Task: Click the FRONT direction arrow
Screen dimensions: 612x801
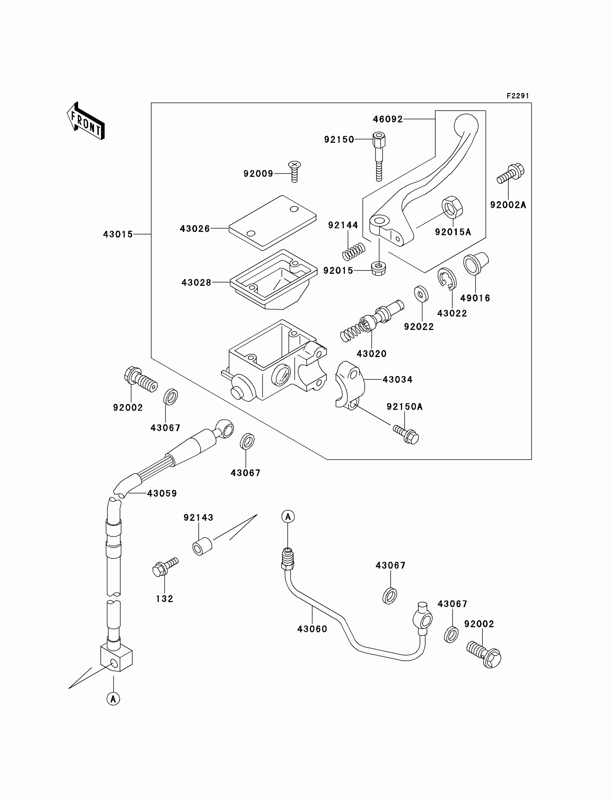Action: point(86,121)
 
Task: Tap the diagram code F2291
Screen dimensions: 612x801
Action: point(518,96)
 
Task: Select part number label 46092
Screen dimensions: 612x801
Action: point(388,119)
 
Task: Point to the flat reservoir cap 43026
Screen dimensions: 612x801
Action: point(273,222)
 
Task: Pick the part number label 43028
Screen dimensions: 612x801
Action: point(196,282)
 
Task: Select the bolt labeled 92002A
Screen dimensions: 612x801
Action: point(511,174)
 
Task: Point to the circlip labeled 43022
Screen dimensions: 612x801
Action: point(447,279)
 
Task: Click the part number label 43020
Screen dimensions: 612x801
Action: point(372,353)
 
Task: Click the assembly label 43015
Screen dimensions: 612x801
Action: point(118,235)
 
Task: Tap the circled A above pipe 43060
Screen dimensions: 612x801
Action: point(288,517)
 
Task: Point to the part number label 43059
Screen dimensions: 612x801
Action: point(162,494)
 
